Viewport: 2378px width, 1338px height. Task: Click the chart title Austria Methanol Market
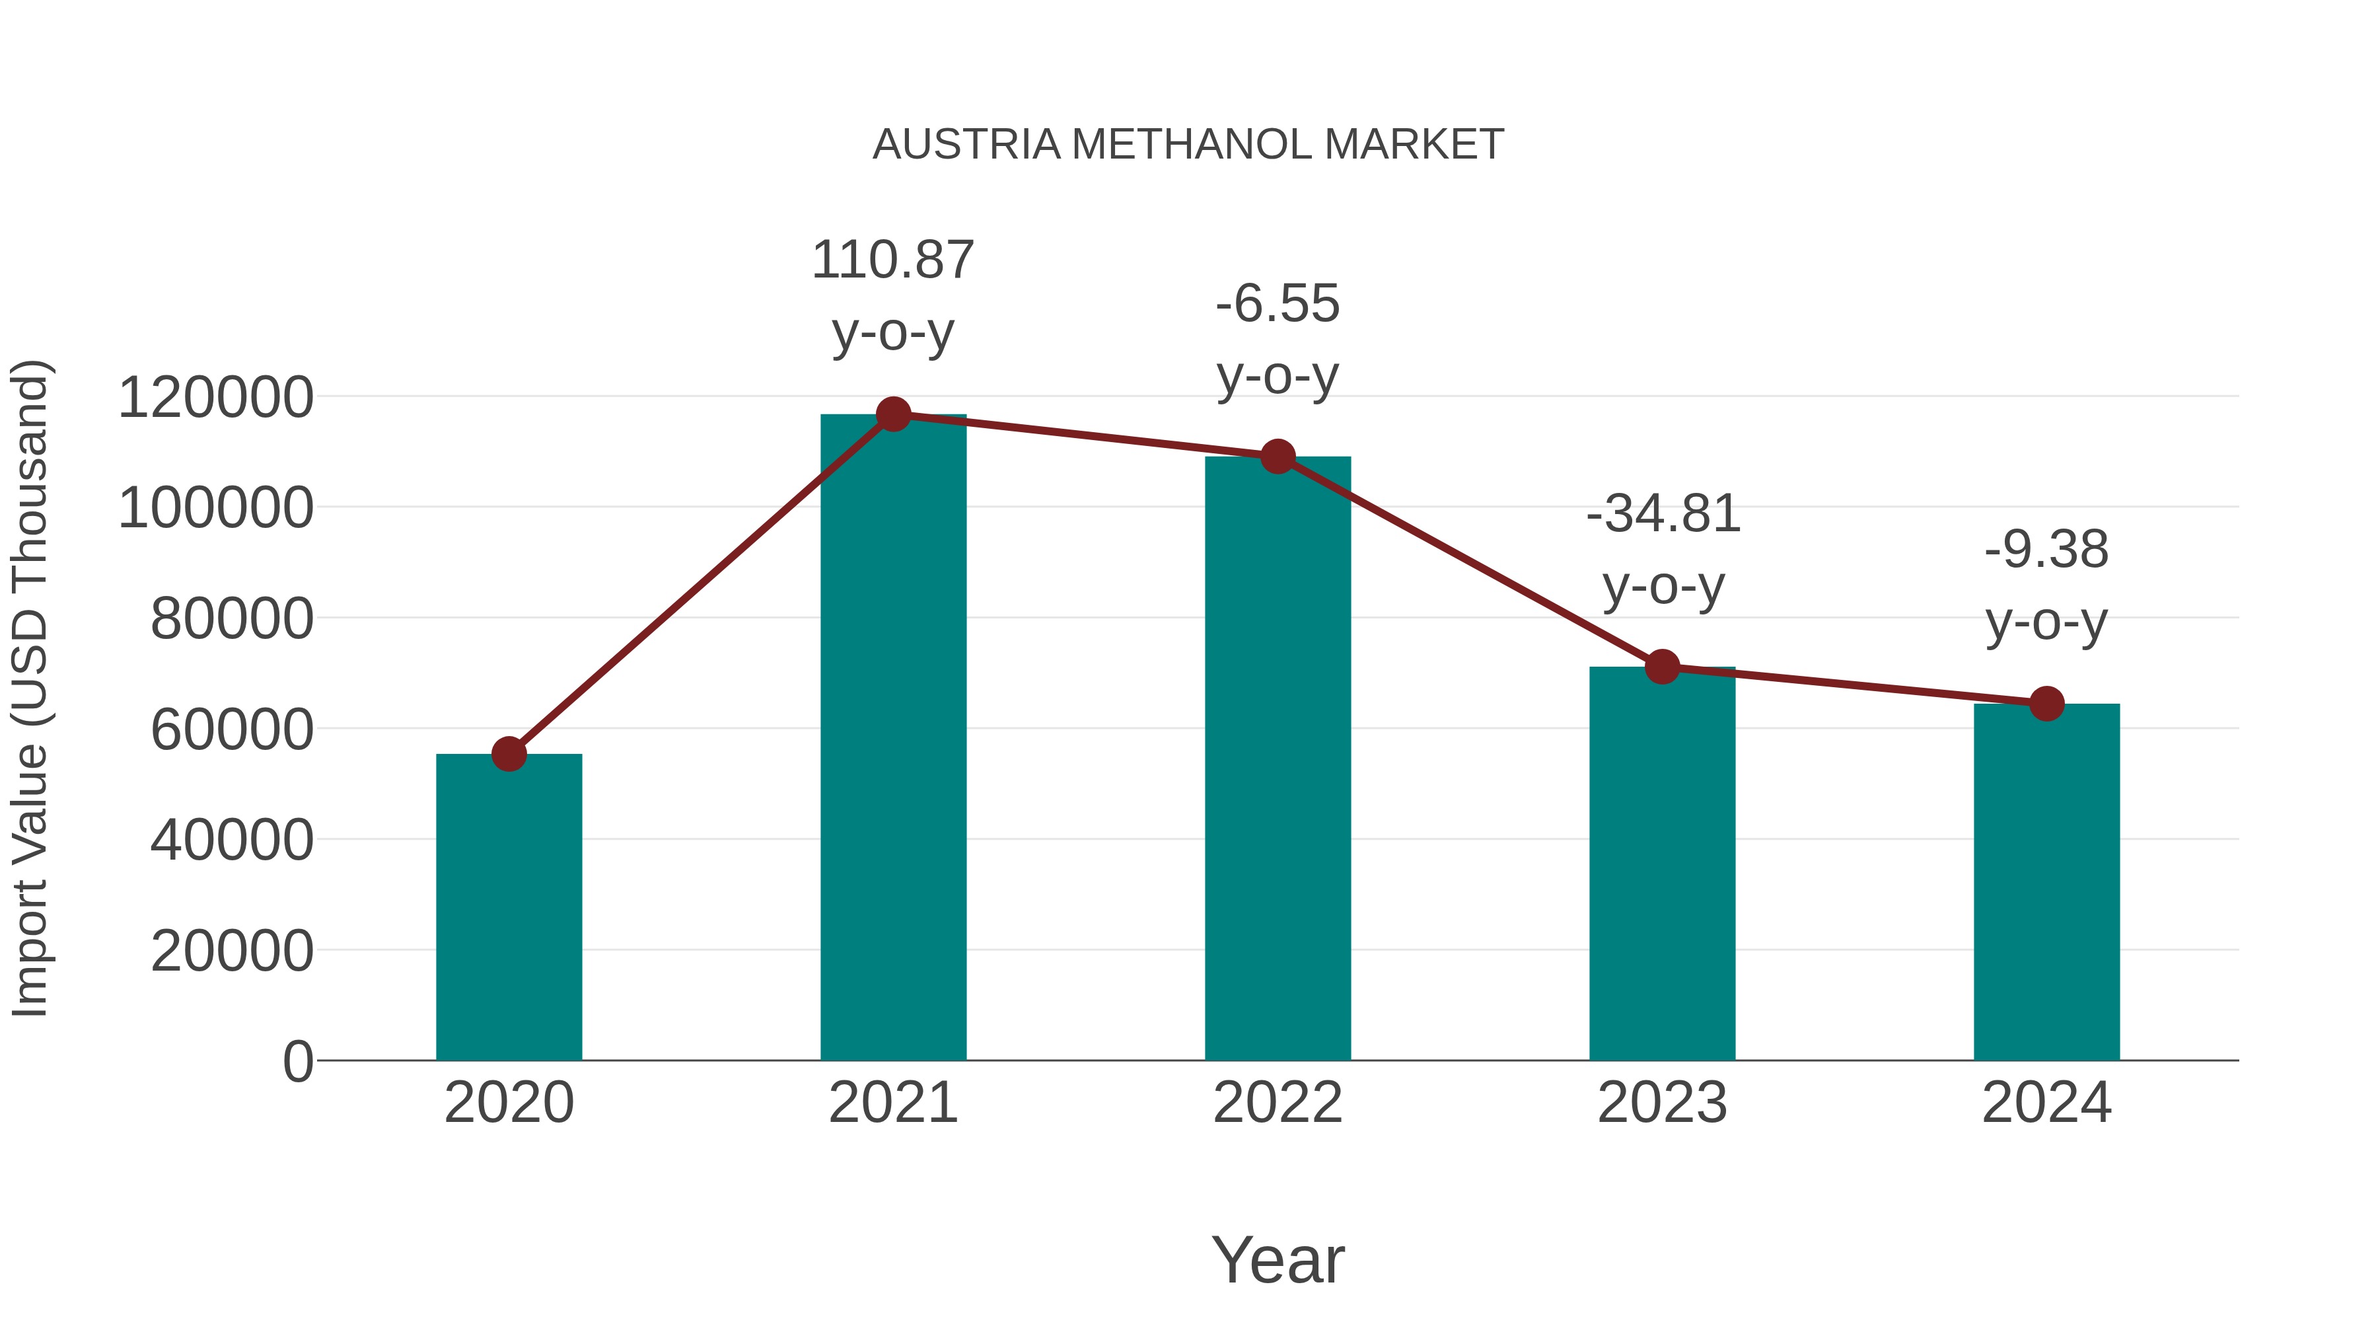click(1188, 145)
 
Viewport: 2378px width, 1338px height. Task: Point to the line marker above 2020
click(509, 755)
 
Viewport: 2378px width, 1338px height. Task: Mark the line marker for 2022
click(1278, 456)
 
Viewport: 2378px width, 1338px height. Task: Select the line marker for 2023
click(1662, 667)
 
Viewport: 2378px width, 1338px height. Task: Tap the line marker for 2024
click(2046, 704)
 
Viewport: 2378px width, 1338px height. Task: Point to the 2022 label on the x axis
click(1278, 1103)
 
